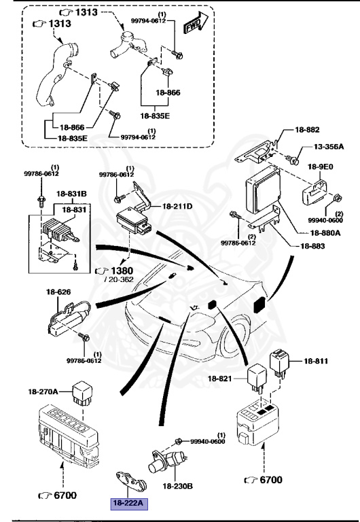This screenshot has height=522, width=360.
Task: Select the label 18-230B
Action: tap(178, 487)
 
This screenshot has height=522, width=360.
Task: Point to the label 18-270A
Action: tap(43, 391)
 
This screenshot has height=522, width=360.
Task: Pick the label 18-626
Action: tap(58, 293)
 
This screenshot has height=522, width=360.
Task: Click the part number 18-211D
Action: tap(178, 205)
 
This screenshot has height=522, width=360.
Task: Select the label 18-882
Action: tap(307, 129)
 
